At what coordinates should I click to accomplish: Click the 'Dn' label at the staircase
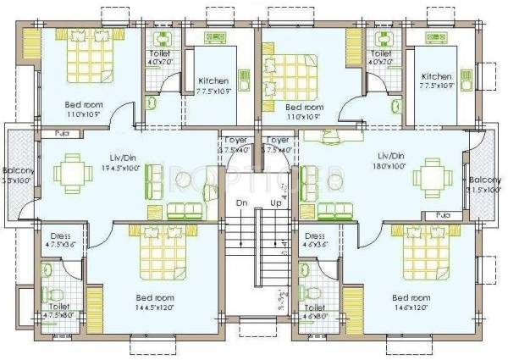(241, 203)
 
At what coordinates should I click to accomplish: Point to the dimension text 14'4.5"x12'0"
(156, 309)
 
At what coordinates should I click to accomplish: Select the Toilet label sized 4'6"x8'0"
(315, 313)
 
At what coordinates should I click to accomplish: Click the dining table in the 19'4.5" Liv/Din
(71, 174)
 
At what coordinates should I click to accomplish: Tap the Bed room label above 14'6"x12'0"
(411, 298)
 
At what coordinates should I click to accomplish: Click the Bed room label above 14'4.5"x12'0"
(156, 298)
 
